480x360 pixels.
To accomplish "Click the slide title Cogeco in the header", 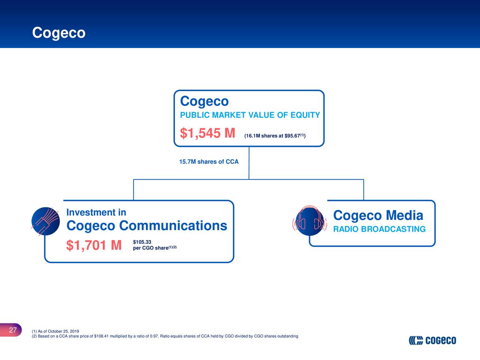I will (59, 33).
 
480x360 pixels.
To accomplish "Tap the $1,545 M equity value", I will (207, 133).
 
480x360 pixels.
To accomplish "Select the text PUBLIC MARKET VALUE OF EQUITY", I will (250, 115).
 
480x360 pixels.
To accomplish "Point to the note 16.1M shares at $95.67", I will (274, 136).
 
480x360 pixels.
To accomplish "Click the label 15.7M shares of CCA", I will (208, 162).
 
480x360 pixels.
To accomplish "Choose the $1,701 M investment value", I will (94, 246).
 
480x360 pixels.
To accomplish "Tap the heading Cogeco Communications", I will (147, 226).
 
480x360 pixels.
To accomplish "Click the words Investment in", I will (96, 213).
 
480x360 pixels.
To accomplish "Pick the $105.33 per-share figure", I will (142, 242).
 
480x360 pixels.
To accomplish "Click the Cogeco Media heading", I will (378, 216).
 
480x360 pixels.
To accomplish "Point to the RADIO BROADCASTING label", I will (379, 229).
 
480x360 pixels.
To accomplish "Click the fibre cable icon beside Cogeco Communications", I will (45, 221).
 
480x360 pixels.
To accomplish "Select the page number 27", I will (13, 330).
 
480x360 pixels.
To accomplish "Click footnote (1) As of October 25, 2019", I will (55, 331).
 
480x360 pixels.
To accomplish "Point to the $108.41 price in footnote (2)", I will (102, 336).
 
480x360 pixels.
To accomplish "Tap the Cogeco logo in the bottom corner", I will (432, 340).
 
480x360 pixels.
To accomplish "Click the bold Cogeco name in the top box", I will (204, 101).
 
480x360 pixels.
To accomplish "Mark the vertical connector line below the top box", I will (249, 163).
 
